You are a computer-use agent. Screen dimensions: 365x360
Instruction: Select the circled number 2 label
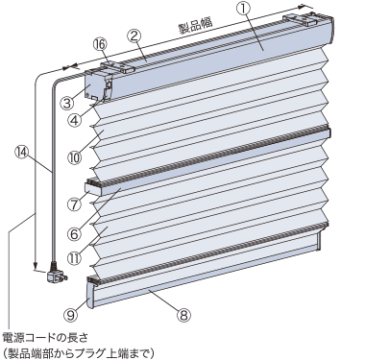tap(134, 36)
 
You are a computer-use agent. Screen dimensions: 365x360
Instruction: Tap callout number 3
tap(68, 104)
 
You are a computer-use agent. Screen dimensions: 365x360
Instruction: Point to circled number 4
tap(75, 121)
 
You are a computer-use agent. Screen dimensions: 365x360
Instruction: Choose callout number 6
tap(74, 234)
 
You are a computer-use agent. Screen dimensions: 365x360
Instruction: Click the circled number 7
tap(74, 204)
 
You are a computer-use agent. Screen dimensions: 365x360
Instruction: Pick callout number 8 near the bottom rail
tap(183, 315)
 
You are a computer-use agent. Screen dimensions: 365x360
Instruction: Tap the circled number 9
tap(71, 315)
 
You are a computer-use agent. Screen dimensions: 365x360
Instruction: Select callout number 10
tap(74, 156)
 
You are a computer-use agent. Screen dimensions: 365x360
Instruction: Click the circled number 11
tap(74, 258)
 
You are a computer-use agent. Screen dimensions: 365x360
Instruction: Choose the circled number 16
tap(101, 45)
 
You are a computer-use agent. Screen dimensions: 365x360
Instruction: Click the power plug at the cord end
tap(57, 273)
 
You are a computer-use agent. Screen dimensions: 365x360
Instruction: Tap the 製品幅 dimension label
tap(195, 26)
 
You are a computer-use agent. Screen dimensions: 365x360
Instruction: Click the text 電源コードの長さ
tap(44, 337)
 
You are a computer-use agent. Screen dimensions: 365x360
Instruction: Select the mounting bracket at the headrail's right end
tap(301, 18)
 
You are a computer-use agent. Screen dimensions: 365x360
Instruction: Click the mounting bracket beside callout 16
tap(118, 66)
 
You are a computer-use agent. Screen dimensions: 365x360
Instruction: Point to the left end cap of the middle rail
tap(93, 188)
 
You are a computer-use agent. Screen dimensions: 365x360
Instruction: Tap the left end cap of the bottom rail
tap(91, 292)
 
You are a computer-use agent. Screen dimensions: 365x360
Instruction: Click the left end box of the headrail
tap(95, 84)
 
